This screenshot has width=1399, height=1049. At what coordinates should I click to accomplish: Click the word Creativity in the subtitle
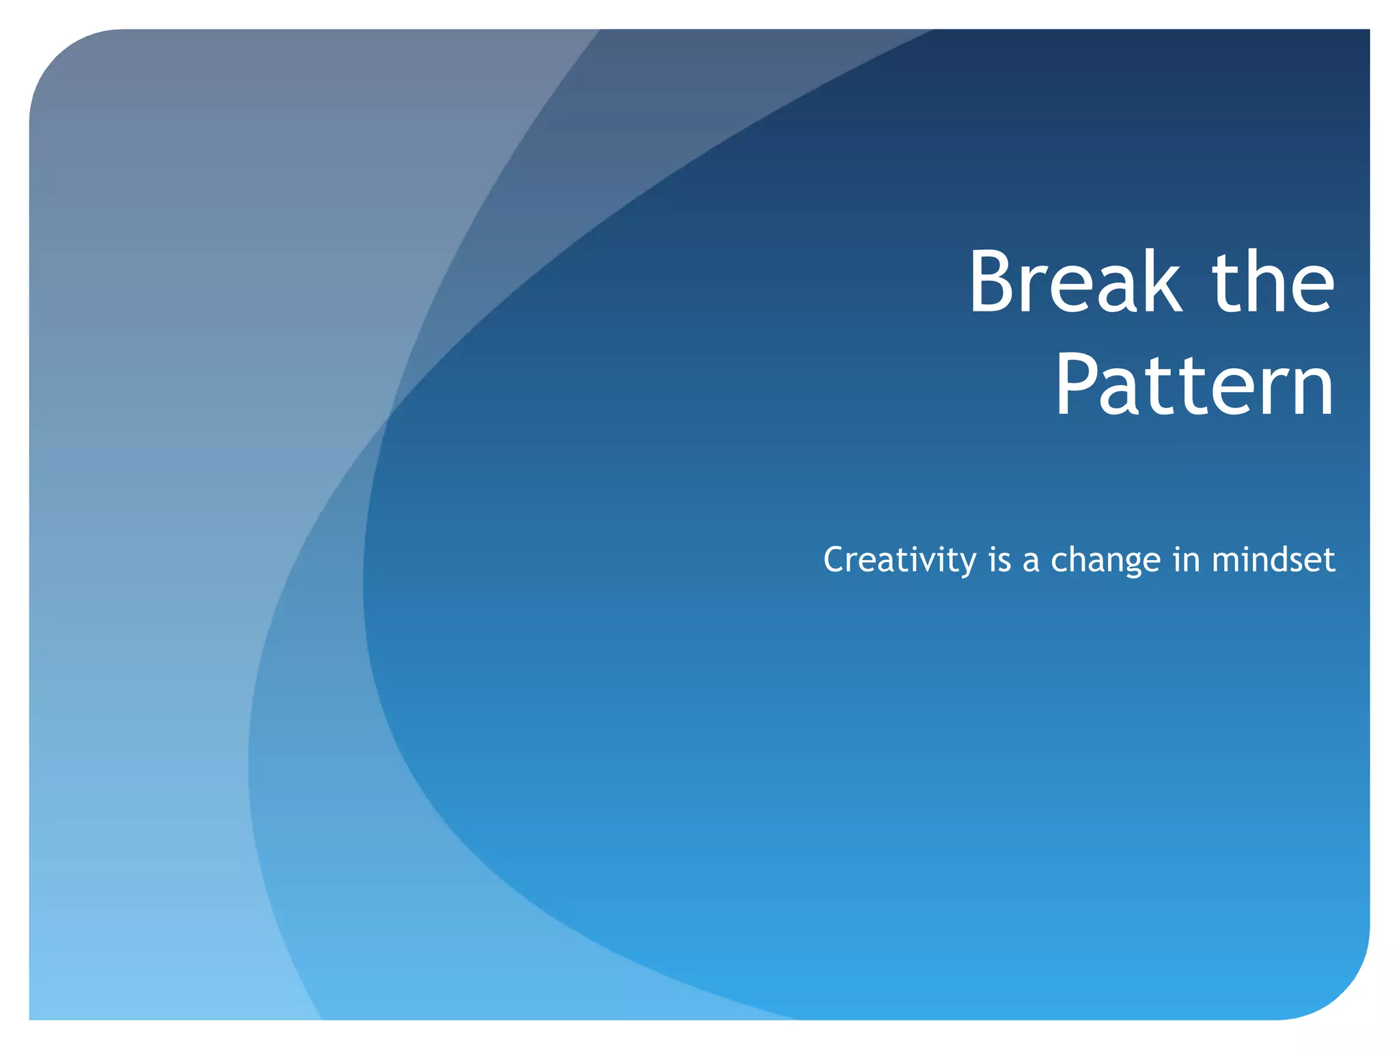(x=900, y=560)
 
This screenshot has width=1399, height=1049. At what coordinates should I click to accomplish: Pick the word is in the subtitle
(x=999, y=560)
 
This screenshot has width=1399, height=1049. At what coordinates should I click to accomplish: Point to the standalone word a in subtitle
(x=1031, y=561)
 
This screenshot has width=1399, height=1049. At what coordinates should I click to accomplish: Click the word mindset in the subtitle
(x=1273, y=560)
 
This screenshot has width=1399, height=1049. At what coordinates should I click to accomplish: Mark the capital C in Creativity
(x=836, y=560)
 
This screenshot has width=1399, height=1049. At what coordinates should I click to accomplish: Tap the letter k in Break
(x=1161, y=281)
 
